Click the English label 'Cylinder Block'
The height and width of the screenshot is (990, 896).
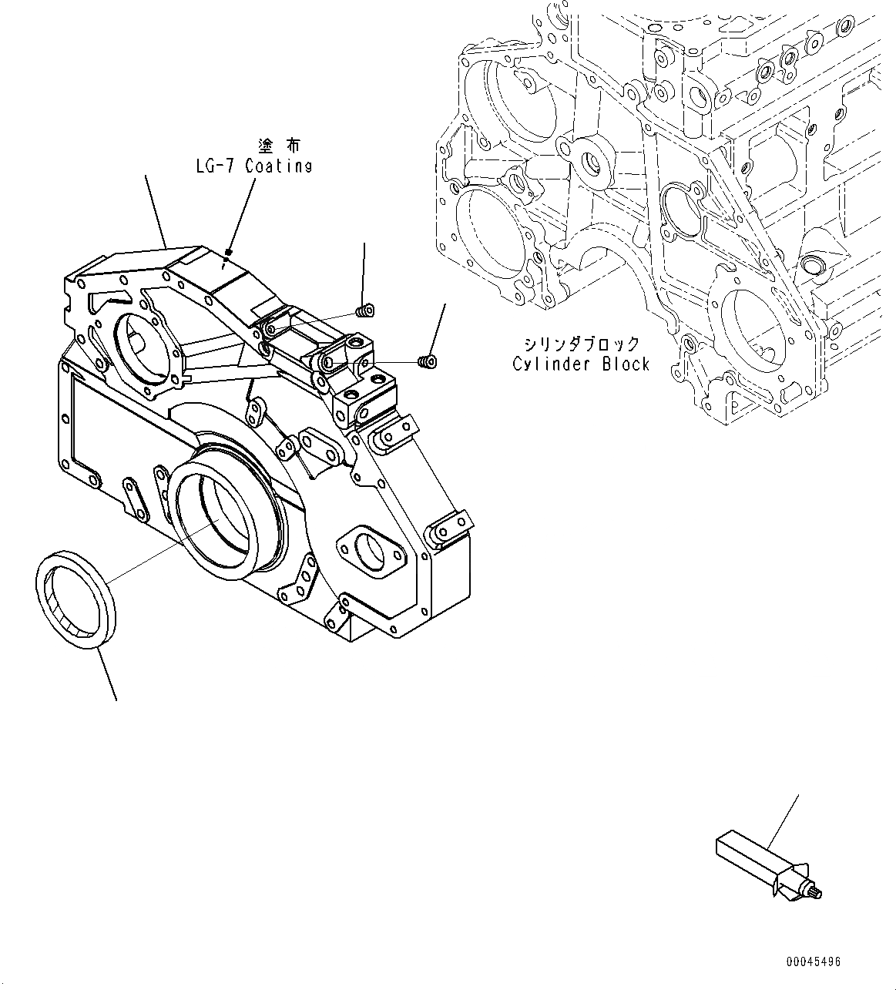[581, 364]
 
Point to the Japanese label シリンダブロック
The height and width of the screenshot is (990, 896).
[581, 344]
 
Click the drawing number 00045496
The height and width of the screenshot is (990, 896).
[814, 962]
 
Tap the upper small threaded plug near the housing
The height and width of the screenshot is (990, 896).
[365, 311]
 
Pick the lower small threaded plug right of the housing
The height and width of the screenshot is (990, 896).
[426, 360]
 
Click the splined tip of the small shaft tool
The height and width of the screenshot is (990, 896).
[817, 893]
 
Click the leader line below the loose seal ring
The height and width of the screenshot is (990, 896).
[107, 675]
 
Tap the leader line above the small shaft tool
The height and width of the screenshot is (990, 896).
[784, 821]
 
